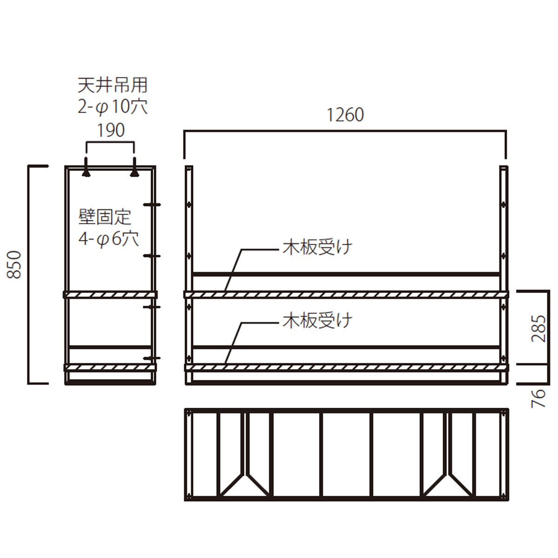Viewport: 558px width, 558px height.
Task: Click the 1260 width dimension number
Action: click(345, 115)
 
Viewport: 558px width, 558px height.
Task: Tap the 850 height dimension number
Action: click(14, 265)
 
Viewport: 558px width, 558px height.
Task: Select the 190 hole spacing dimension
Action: click(111, 130)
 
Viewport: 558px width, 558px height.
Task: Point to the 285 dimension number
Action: click(538, 328)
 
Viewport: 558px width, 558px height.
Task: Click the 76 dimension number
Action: click(538, 398)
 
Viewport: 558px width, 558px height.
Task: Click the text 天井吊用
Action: click(113, 85)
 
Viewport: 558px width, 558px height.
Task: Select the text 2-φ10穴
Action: click(113, 107)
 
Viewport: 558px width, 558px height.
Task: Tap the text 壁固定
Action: click(105, 217)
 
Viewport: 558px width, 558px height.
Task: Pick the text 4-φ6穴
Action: click(109, 239)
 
